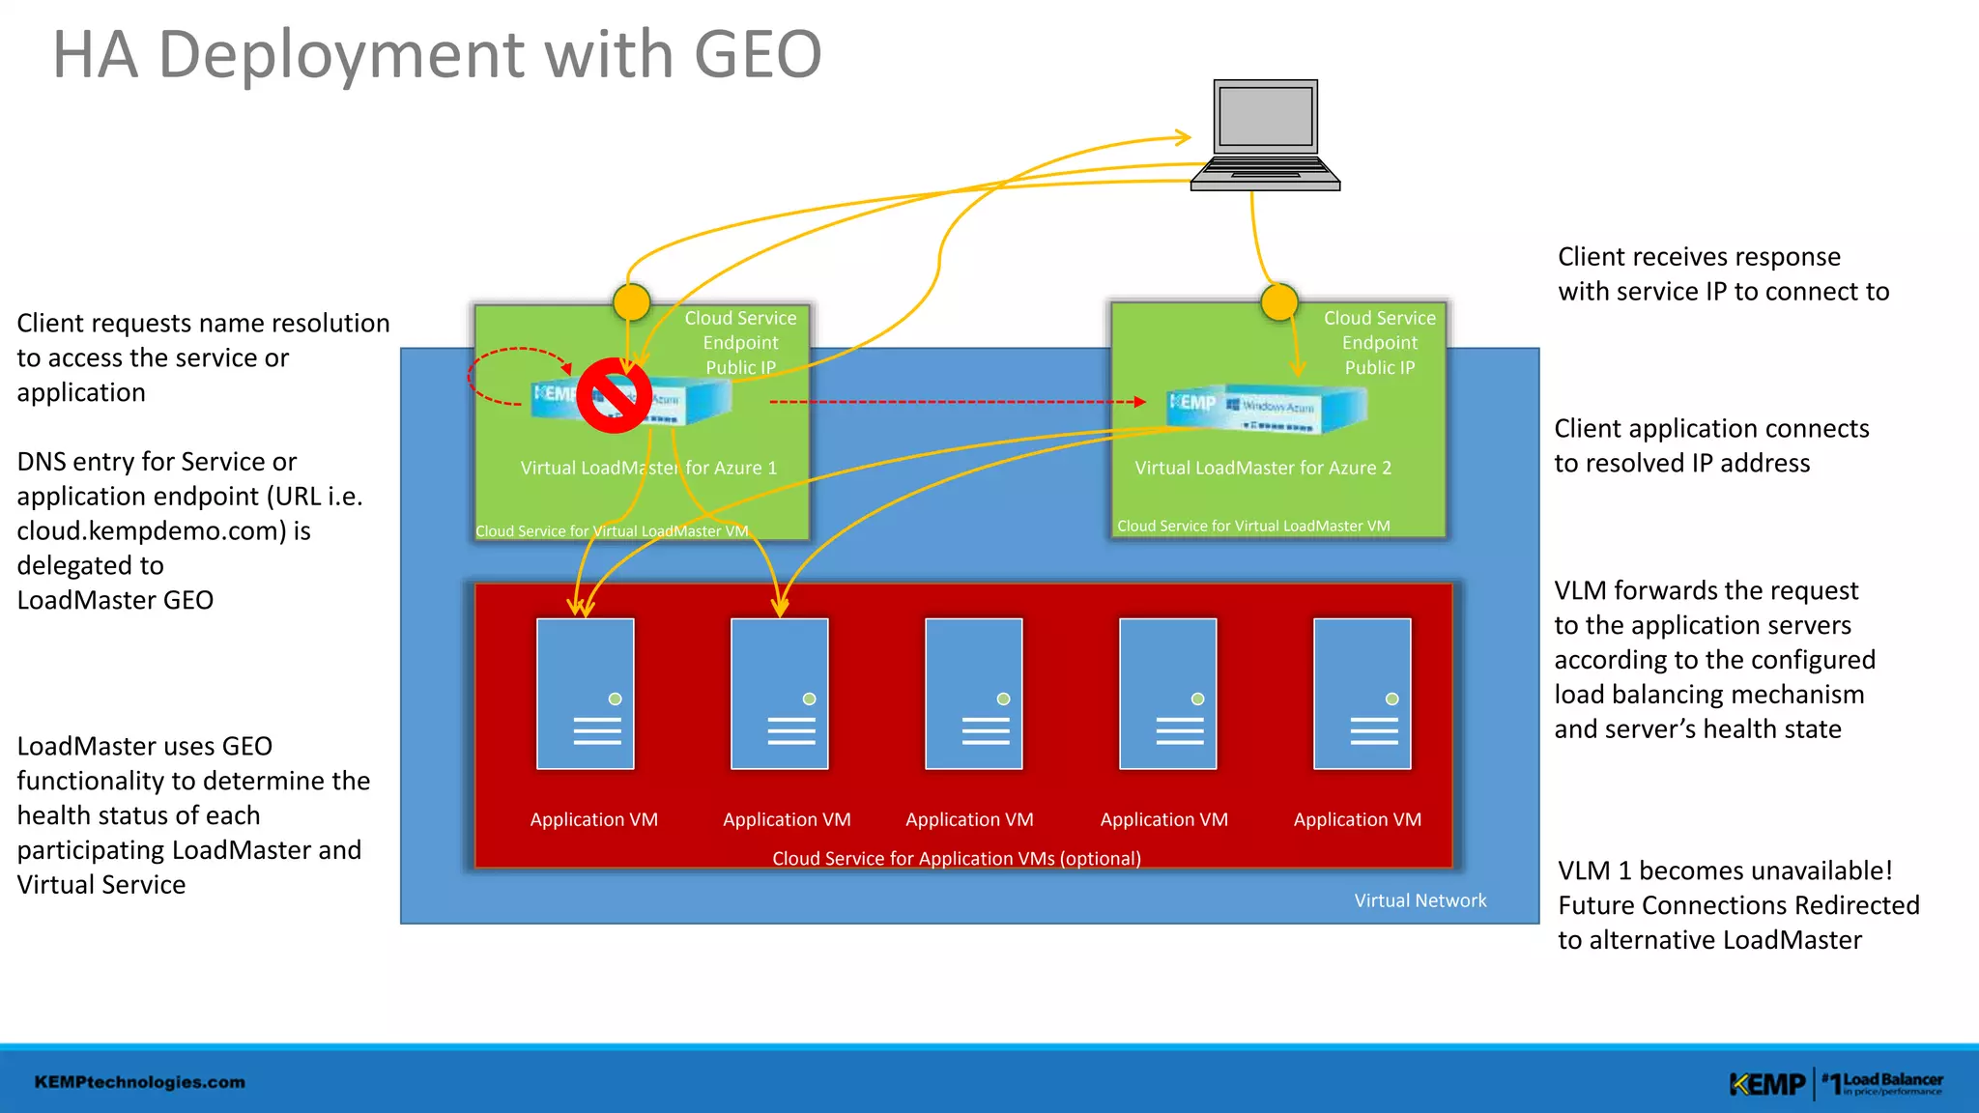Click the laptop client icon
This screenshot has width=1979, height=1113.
tap(1265, 135)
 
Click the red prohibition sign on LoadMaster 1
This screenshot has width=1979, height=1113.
tap(614, 395)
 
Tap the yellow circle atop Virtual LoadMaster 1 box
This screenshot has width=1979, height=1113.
tap(632, 302)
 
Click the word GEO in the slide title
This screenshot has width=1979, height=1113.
tap(758, 55)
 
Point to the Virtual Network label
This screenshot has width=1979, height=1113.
tap(1420, 900)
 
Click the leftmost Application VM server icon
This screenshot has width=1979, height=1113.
tap(586, 694)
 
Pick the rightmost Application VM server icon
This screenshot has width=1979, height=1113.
tap(1362, 694)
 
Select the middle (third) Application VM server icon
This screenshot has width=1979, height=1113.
tap(973, 694)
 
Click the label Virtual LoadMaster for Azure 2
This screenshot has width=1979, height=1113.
tap(1263, 468)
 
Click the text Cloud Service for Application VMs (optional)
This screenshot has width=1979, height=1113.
tap(957, 858)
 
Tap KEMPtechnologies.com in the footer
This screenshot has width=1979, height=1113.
tap(140, 1082)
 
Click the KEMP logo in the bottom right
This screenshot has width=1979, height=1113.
tap(1767, 1084)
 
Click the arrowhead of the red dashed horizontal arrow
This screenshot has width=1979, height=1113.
tap(1140, 402)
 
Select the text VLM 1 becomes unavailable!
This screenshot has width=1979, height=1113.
tap(1725, 870)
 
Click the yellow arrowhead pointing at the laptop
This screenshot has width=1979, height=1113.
tap(1185, 137)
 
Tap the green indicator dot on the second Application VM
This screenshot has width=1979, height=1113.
tap(810, 699)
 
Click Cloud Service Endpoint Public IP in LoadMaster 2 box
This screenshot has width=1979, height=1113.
tap(1380, 343)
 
